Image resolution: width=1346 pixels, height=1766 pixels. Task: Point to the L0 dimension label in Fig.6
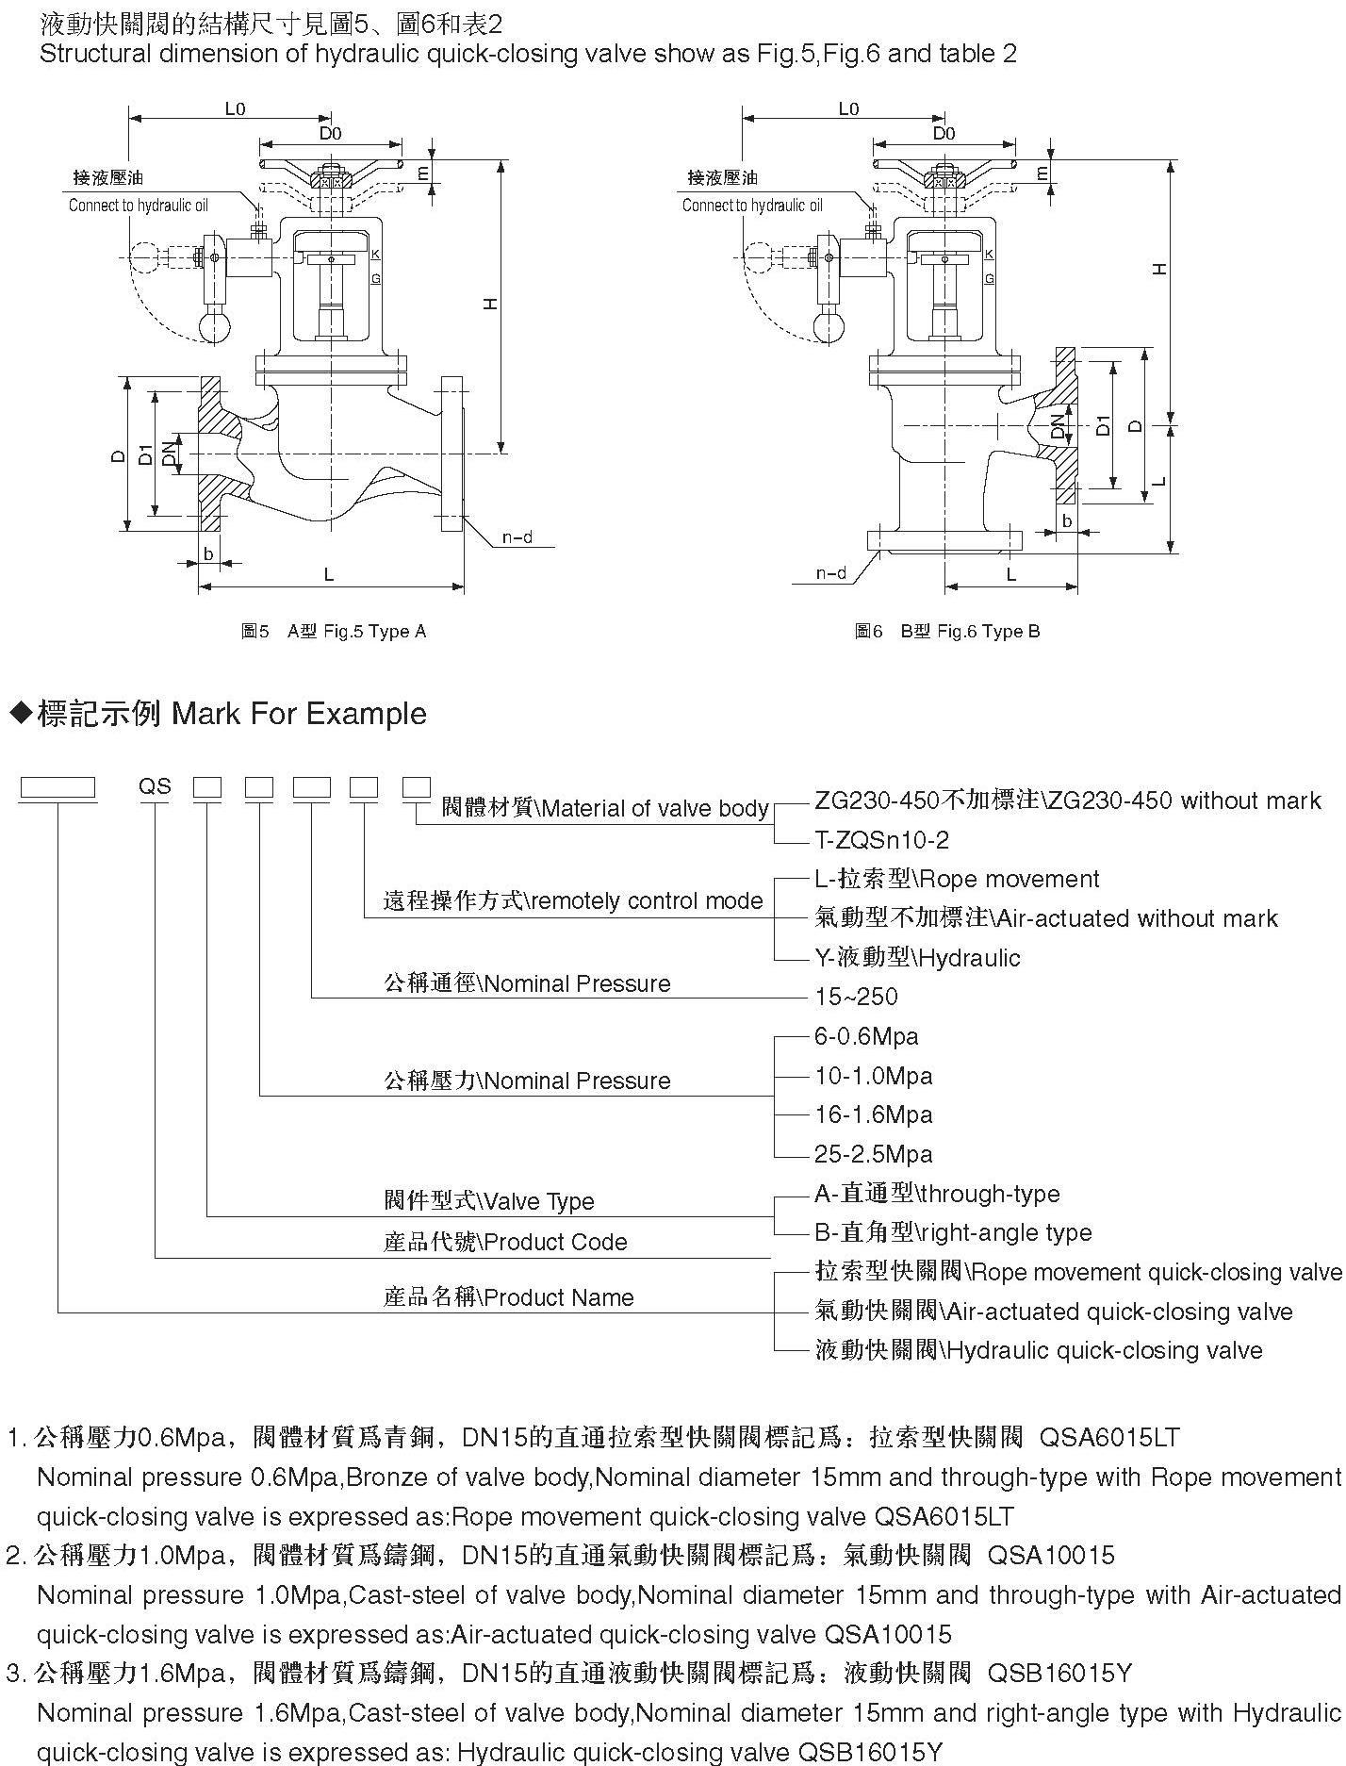(848, 108)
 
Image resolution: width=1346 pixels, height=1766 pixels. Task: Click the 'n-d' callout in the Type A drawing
(517, 537)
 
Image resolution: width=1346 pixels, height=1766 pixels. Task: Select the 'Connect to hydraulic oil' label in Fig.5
(139, 206)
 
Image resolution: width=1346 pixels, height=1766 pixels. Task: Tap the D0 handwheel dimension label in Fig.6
(944, 134)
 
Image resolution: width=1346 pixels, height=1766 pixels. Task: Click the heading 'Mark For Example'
(299, 714)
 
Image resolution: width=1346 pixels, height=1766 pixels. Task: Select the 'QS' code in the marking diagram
(156, 785)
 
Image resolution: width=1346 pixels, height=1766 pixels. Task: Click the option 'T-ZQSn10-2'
(881, 839)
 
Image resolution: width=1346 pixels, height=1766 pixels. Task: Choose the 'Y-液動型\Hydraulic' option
(917, 958)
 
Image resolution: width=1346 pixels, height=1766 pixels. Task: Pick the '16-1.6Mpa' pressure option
(874, 1114)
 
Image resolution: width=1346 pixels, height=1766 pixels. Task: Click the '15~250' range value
(856, 997)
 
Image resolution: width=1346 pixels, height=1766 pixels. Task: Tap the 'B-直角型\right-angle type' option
(953, 1232)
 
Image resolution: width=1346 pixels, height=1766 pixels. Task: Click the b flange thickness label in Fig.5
(208, 553)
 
